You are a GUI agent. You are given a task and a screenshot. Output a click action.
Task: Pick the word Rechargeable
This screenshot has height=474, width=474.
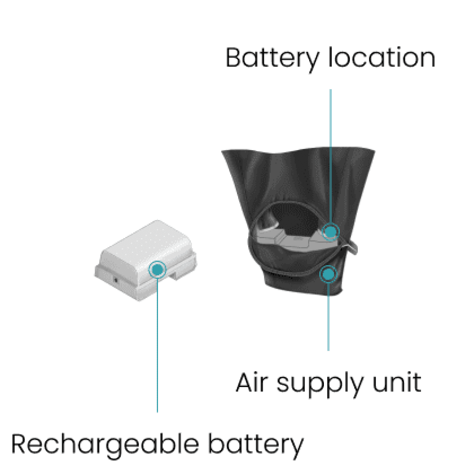coord(105,444)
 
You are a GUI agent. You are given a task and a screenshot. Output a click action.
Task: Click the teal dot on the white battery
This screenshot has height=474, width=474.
coord(157,269)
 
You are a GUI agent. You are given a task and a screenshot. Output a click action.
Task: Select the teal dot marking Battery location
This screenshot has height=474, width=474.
coord(330,231)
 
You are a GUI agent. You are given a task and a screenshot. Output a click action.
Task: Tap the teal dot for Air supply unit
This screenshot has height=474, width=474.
coord(328,274)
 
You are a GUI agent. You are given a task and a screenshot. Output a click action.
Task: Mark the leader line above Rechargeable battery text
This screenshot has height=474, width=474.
coord(157,344)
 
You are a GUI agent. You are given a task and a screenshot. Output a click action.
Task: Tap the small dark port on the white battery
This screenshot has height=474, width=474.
coord(116,280)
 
